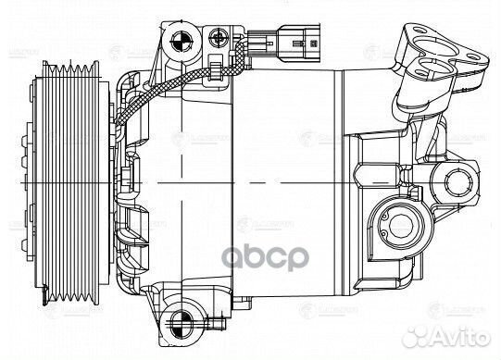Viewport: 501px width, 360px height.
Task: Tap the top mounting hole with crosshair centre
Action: pos(181,39)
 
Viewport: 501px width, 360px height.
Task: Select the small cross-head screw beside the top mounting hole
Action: pos(219,38)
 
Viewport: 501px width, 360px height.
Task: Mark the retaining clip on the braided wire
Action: pos(215,67)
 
